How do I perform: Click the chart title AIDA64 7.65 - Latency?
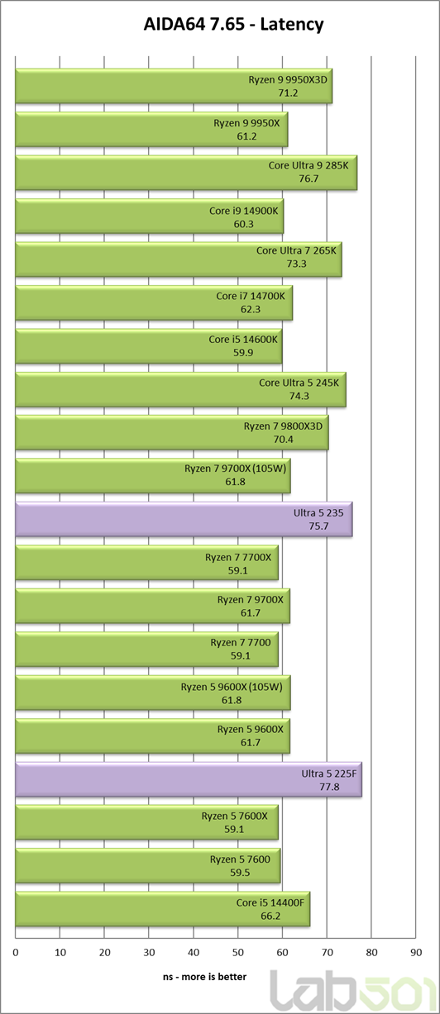(233, 24)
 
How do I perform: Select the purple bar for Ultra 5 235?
(184, 519)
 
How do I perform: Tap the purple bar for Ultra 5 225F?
(189, 780)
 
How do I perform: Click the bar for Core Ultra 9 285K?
(186, 172)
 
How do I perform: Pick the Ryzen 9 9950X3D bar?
(174, 86)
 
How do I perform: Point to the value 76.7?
(308, 179)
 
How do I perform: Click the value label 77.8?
(329, 787)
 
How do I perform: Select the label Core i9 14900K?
(244, 211)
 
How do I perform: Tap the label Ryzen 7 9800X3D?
(283, 426)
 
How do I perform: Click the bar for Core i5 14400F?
(163, 909)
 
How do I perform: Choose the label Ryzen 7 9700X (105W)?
(235, 469)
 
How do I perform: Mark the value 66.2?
(270, 916)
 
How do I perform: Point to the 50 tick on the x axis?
(238, 952)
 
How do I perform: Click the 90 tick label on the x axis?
(416, 952)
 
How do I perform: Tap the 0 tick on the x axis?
(16, 952)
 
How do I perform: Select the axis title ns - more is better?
(204, 977)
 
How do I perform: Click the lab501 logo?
(352, 991)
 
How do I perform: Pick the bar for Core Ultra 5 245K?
(181, 389)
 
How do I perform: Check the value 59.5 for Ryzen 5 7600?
(240, 873)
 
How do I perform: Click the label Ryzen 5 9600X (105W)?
(232, 688)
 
